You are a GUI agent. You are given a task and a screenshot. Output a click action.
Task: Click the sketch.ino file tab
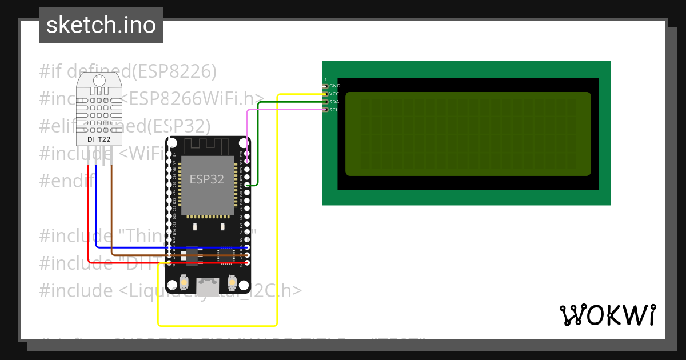click(x=101, y=25)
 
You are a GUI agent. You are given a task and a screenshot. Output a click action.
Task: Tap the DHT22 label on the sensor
click(x=99, y=139)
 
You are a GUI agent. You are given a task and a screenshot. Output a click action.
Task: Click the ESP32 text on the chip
click(x=207, y=179)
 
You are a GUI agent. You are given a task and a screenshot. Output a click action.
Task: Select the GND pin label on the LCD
click(x=335, y=86)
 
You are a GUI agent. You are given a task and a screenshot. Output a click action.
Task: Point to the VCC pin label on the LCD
click(x=335, y=94)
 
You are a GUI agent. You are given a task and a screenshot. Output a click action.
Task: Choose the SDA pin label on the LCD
click(x=335, y=102)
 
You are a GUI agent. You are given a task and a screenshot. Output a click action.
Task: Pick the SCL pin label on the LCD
click(x=334, y=110)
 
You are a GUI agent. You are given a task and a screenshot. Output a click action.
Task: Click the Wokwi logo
click(x=607, y=315)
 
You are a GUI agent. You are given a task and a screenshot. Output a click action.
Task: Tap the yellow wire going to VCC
click(x=277, y=229)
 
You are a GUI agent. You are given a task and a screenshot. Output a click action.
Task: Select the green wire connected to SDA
click(x=258, y=143)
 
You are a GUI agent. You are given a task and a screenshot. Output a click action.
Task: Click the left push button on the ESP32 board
click(x=184, y=282)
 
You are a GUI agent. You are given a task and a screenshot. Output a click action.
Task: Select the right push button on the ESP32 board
click(x=232, y=282)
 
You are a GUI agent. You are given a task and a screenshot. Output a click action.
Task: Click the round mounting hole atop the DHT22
click(x=99, y=81)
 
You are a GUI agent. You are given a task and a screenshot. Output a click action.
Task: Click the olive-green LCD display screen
click(x=468, y=134)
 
